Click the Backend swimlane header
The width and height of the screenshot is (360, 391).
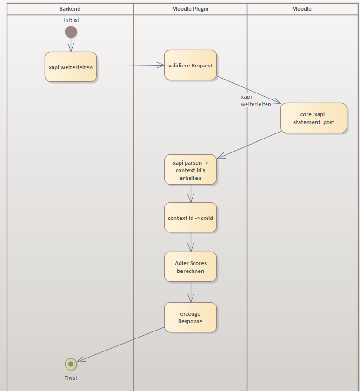[70, 9]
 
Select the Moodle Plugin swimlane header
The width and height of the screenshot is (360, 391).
[190, 9]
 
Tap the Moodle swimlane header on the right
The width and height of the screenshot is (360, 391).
[302, 9]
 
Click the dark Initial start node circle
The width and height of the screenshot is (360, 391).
[71, 32]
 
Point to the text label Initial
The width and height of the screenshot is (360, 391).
[71, 20]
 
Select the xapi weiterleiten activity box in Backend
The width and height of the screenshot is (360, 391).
[71, 67]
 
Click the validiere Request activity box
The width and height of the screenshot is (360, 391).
[190, 65]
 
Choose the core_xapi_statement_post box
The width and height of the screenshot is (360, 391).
[313, 118]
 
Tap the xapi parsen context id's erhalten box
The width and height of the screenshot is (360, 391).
[190, 170]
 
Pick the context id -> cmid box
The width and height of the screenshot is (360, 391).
[190, 218]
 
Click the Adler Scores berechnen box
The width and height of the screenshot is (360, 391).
[190, 267]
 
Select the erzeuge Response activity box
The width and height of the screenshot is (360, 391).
[190, 318]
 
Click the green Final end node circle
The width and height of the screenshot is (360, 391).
[71, 364]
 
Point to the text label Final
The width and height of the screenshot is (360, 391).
[71, 378]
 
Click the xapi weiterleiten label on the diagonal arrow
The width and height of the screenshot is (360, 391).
[255, 100]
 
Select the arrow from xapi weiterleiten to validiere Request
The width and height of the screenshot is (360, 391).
[130, 66]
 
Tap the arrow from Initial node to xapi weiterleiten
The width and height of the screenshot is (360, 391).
[71, 45]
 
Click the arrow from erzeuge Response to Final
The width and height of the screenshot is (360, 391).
[121, 344]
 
